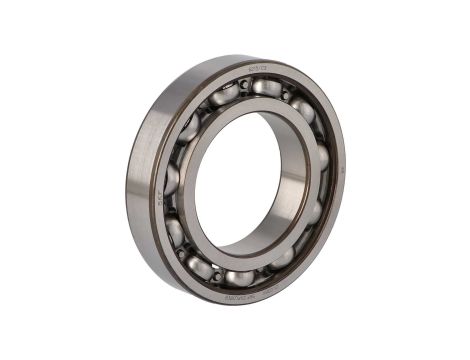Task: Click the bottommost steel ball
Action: pyautogui.click(x=240, y=277)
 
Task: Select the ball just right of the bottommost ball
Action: pyautogui.click(x=283, y=256)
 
